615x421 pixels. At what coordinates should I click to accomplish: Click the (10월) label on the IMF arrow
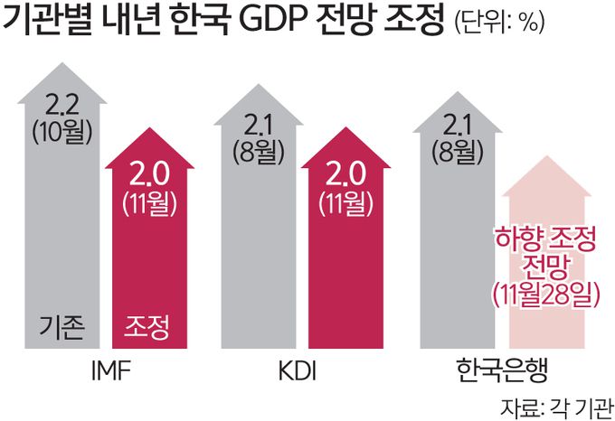coord(62,133)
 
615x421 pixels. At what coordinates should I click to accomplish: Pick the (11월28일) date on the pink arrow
coord(545,295)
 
